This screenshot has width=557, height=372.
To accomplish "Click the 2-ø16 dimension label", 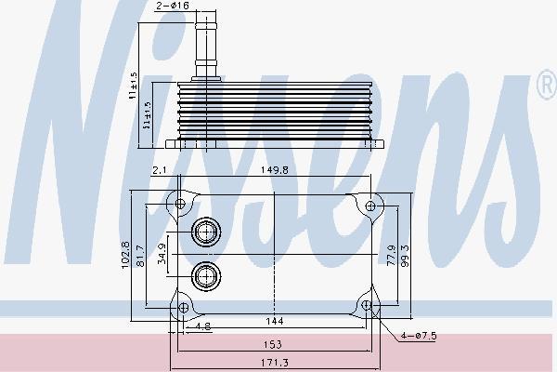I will pyautogui.click(x=172, y=7).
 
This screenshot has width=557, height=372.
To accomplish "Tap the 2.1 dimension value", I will pyautogui.click(x=159, y=170).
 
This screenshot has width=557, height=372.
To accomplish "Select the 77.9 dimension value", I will pyautogui.click(x=392, y=252).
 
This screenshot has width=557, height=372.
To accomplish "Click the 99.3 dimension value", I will pyautogui.click(x=406, y=252).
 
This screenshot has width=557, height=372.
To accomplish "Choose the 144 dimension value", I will pyautogui.click(x=276, y=321).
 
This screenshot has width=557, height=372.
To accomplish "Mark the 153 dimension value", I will pyautogui.click(x=276, y=342).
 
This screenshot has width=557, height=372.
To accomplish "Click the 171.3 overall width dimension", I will pyautogui.click(x=276, y=362).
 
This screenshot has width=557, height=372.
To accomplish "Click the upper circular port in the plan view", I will pyautogui.click(x=204, y=232).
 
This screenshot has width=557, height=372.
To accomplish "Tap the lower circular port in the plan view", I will pyautogui.click(x=204, y=274).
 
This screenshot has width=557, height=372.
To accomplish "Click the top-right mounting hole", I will pyautogui.click(x=369, y=204).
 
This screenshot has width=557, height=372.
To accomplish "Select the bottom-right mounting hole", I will pyautogui.click(x=369, y=305).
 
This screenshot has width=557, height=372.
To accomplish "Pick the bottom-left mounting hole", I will pyautogui.click(x=183, y=306).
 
